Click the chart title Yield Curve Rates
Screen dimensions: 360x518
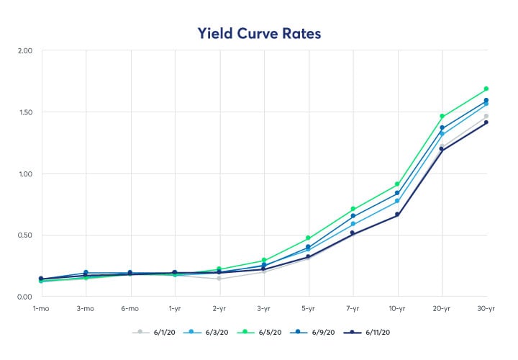coord(259,32)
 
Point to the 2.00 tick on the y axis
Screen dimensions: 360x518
coord(24,50)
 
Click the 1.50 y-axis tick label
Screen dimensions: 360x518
coord(24,112)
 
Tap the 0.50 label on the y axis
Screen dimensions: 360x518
coord(24,235)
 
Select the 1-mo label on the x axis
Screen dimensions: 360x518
coord(41,308)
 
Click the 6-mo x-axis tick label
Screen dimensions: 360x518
coord(130,308)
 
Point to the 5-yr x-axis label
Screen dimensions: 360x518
coord(308,308)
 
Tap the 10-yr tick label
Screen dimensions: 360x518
coord(397,308)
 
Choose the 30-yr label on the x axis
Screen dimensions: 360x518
coord(486,308)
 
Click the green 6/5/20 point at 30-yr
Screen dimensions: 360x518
coord(486,89)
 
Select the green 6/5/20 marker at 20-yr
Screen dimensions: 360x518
coord(442,116)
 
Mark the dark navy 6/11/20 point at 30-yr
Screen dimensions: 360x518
coord(486,122)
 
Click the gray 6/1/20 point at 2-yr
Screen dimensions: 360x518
coord(219,279)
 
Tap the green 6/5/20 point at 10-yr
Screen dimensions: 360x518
coord(397,184)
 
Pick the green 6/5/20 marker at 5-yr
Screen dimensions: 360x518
coord(308,238)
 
